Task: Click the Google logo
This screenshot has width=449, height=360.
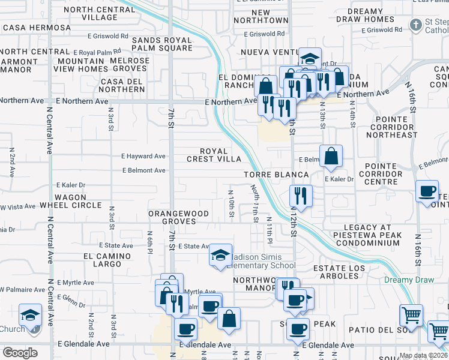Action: [20, 352]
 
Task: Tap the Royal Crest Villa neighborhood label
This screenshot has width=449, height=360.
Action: [214, 155]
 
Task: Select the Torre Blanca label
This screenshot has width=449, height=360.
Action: [276, 175]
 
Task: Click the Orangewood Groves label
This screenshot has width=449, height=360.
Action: [178, 217]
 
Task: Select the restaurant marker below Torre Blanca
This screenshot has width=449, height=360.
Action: [300, 195]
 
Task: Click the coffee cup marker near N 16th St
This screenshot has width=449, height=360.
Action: [427, 191]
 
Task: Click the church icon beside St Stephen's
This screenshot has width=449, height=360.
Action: [415, 25]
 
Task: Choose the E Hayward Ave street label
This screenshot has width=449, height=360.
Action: [143, 156]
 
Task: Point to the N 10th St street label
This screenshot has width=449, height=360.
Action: [231, 203]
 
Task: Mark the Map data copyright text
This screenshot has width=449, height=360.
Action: [423, 355]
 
